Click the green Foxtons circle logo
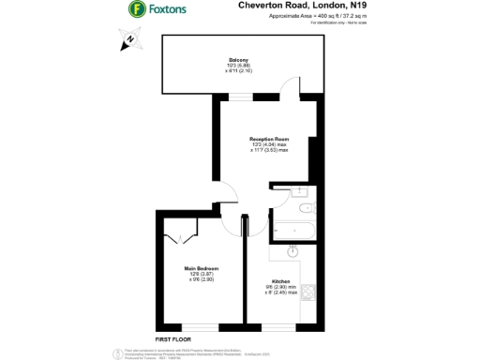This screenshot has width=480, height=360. (136, 9)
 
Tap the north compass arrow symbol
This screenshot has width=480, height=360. (129, 40)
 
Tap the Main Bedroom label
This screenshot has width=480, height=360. (201, 269)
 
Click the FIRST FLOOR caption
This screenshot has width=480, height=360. (173, 337)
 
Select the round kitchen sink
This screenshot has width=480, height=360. (292, 250)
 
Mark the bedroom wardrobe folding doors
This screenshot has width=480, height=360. (178, 235)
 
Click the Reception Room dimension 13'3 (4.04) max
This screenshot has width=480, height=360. (268, 142)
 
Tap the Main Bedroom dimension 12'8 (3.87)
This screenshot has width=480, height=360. (201, 275)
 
